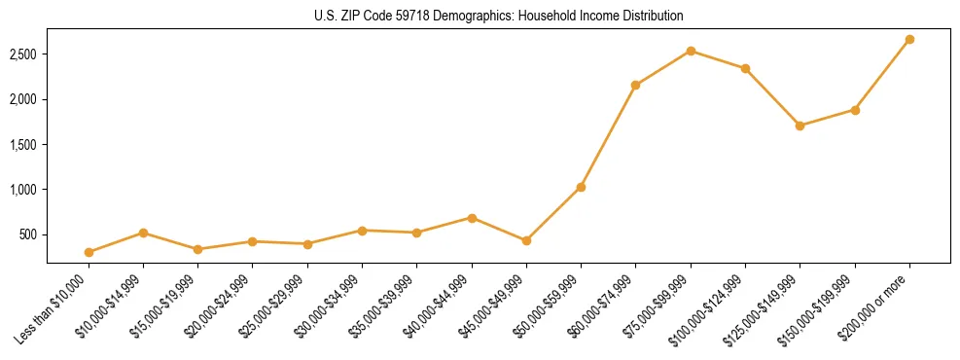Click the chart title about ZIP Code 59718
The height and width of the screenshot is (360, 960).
coord(498,16)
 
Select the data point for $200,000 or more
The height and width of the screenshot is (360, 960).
coord(909,40)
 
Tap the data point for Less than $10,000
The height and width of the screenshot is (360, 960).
coord(89,252)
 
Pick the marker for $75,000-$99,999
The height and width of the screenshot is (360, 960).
coord(691,51)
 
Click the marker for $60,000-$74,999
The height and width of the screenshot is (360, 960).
coord(635,86)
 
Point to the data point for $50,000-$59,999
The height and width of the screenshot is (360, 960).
coord(581,187)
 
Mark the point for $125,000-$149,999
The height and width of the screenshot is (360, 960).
coord(800,126)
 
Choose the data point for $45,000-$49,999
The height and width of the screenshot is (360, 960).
coord(526,240)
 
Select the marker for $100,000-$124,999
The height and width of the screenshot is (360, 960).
coord(745,68)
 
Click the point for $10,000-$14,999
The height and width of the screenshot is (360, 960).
coord(143,233)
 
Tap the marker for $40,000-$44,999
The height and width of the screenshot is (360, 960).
coord(472,218)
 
